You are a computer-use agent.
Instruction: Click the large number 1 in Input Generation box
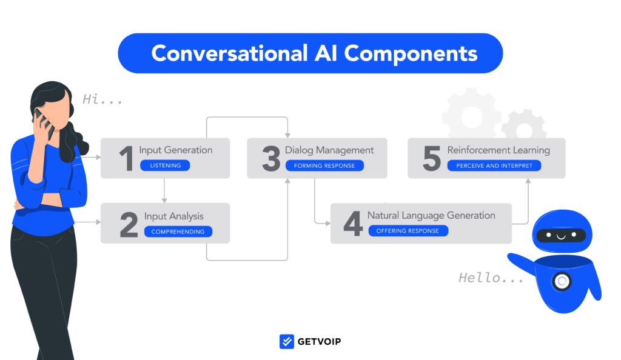126,158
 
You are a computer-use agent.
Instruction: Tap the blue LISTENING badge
165,165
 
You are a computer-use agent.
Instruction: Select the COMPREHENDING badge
178,232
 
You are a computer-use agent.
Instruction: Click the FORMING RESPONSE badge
324,166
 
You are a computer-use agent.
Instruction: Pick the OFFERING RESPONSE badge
408,231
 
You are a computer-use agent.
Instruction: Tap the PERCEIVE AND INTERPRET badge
494,166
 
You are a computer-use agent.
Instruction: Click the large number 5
432,158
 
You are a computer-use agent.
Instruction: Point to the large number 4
353,224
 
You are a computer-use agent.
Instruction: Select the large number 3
271,158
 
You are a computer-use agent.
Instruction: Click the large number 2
129,224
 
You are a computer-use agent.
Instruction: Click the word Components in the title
411,53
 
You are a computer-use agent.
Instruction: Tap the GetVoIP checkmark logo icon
287,341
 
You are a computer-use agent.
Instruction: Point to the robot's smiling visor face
561,235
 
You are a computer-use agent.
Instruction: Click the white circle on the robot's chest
562,282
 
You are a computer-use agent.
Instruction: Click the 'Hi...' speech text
102,99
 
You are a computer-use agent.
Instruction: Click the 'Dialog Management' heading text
329,150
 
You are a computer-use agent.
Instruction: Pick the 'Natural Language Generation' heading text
431,216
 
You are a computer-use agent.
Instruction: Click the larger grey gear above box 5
472,115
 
